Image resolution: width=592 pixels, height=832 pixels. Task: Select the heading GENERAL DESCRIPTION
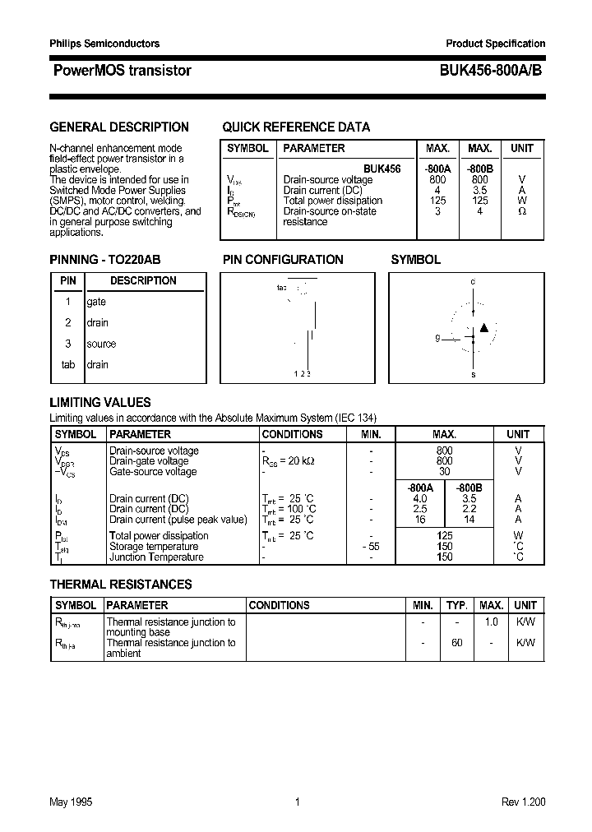pyautogui.click(x=119, y=127)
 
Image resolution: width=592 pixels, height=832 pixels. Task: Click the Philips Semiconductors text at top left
pyautogui.click(x=105, y=44)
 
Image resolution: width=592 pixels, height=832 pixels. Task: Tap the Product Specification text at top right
pyautogui.click(x=495, y=44)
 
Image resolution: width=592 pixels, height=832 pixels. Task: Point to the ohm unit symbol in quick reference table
pyautogui.click(x=521, y=211)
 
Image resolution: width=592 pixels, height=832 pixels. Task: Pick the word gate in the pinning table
pyautogui.click(x=96, y=302)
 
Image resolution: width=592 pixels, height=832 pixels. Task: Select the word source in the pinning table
pyautogui.click(x=101, y=344)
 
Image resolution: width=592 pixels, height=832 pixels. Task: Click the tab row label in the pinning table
pyautogui.click(x=67, y=364)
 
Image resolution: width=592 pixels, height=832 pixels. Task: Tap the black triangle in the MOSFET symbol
pyautogui.click(x=483, y=328)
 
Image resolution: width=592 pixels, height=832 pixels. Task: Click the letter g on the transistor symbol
pyautogui.click(x=437, y=338)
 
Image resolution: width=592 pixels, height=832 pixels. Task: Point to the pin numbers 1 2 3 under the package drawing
pyautogui.click(x=302, y=374)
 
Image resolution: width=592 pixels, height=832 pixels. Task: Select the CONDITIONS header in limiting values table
pyautogui.click(x=292, y=434)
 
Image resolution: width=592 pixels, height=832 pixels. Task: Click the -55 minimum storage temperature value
pyautogui.click(x=371, y=547)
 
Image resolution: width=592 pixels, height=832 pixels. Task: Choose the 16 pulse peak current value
pyautogui.click(x=420, y=520)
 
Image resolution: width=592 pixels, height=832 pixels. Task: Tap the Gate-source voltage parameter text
pyautogui.click(x=153, y=472)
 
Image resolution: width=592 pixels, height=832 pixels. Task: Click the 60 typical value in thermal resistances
pyautogui.click(x=456, y=643)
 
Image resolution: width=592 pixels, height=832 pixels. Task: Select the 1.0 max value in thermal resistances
pyautogui.click(x=491, y=622)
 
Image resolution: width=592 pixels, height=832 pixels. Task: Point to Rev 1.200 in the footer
pyautogui.click(x=523, y=802)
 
